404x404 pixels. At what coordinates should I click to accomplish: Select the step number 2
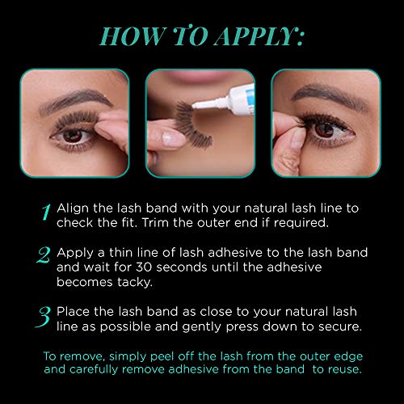point(45,256)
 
